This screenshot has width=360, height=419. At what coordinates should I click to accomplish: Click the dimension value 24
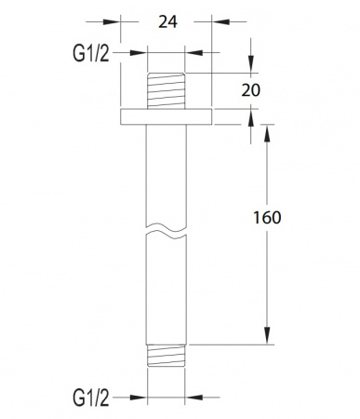click(167, 22)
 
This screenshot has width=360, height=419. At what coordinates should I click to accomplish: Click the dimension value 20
click(251, 90)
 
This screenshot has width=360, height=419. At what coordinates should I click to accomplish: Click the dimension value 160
click(267, 217)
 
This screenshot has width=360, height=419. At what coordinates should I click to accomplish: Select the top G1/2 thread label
click(91, 53)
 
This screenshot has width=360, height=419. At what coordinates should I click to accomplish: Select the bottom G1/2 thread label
click(91, 398)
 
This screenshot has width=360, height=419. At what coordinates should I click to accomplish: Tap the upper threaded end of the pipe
click(167, 90)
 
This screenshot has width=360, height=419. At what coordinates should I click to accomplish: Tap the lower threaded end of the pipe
click(167, 356)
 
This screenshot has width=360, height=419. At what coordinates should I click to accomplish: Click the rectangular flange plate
click(167, 116)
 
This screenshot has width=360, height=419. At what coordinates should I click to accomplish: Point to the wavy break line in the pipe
click(167, 231)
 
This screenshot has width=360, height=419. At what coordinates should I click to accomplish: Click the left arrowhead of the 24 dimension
click(112, 22)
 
